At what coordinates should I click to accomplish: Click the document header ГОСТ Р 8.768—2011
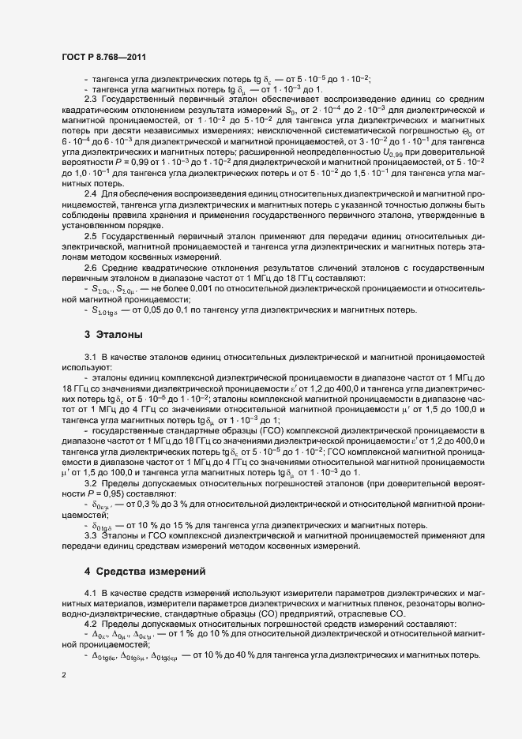click(103, 57)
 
